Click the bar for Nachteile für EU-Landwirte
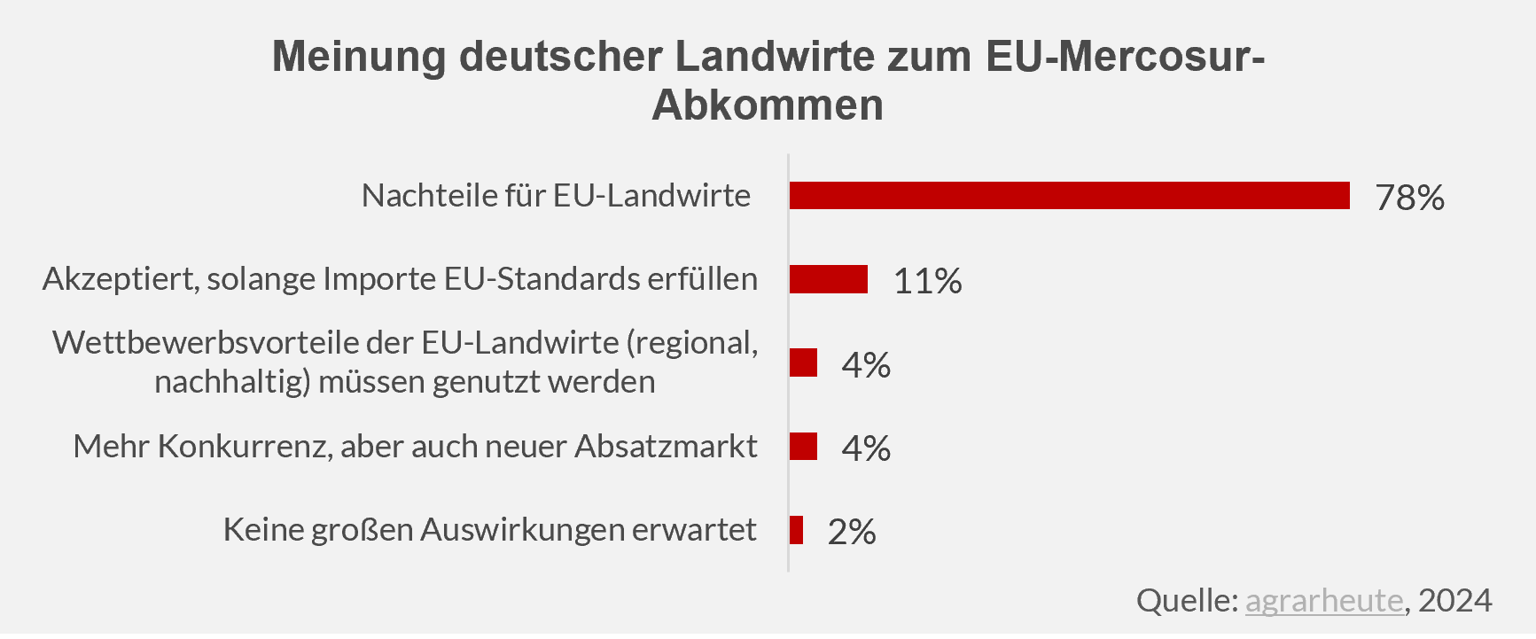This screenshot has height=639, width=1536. (x=1069, y=196)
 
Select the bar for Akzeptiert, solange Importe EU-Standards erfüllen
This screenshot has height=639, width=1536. (x=828, y=279)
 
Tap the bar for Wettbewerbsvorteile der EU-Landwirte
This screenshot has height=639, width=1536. (x=803, y=362)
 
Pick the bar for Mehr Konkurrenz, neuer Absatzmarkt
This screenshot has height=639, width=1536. (x=803, y=446)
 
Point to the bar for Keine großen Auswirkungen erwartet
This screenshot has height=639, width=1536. (x=796, y=530)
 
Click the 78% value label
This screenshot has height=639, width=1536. (x=1409, y=198)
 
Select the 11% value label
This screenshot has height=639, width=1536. (x=927, y=281)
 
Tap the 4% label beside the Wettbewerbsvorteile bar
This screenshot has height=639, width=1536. (x=866, y=364)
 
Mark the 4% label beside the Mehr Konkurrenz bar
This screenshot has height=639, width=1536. (x=866, y=448)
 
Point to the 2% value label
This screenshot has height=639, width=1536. (x=852, y=532)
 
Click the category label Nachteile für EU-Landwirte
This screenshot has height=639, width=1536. (x=556, y=195)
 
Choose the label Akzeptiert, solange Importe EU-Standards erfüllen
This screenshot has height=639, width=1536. (x=400, y=278)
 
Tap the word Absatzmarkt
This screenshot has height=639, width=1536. (x=666, y=446)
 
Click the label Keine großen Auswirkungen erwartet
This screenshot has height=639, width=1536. (x=489, y=529)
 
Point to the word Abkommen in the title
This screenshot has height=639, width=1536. (x=768, y=105)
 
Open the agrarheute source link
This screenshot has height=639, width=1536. (x=1324, y=600)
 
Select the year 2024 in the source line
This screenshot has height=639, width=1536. (x=1455, y=600)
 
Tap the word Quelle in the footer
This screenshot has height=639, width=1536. (x=1186, y=600)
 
